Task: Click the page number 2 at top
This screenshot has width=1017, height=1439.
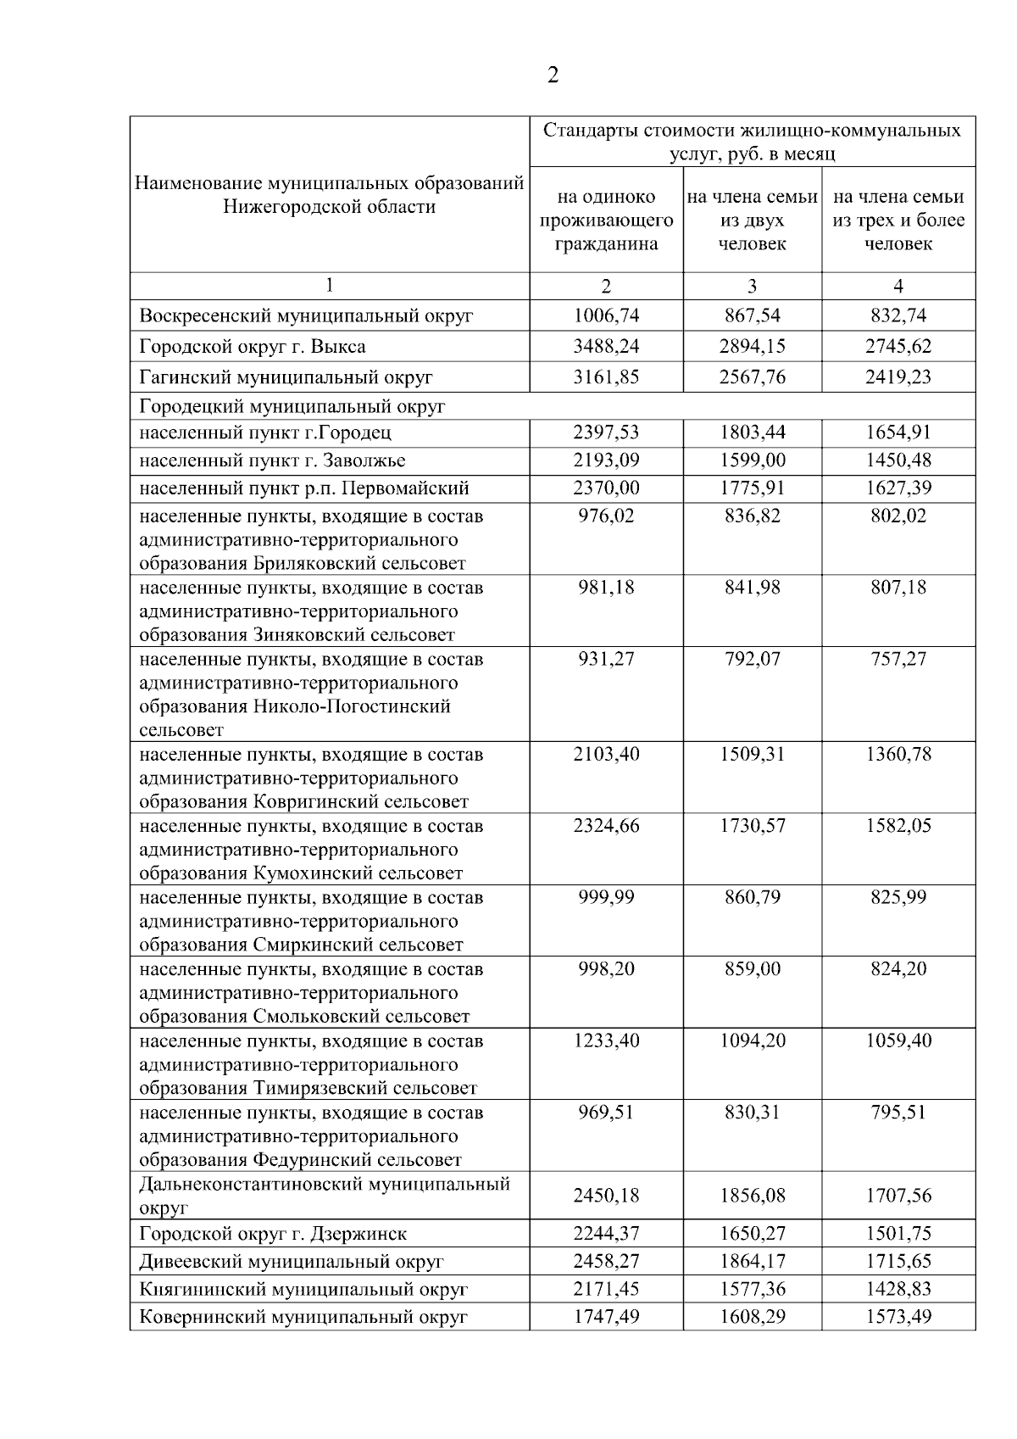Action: [553, 76]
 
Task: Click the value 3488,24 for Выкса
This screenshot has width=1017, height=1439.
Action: [606, 347]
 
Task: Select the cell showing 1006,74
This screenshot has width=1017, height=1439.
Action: [606, 316]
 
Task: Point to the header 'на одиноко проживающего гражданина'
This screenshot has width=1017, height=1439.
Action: [606, 220]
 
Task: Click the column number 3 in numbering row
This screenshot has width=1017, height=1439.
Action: [752, 286]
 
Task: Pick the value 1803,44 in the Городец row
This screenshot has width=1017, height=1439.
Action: [752, 433]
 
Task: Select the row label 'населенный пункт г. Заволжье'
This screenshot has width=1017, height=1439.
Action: [272, 461]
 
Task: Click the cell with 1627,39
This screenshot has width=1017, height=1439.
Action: [898, 488]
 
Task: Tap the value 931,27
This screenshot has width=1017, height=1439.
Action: [606, 660]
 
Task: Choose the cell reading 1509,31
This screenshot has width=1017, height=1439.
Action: [752, 755]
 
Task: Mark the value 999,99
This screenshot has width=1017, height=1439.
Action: [606, 898]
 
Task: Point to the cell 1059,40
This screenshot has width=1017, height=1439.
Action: [898, 1041]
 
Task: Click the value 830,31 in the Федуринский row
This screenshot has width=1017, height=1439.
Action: [752, 1113]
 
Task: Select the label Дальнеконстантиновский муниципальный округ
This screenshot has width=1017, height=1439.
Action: [324, 1196]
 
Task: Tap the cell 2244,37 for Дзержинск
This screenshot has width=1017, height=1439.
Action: [606, 1235]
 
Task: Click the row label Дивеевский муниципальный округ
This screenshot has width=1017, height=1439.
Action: [291, 1263]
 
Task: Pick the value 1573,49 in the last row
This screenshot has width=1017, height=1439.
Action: [898, 1318]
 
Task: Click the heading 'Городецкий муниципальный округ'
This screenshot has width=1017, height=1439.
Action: [292, 407]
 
